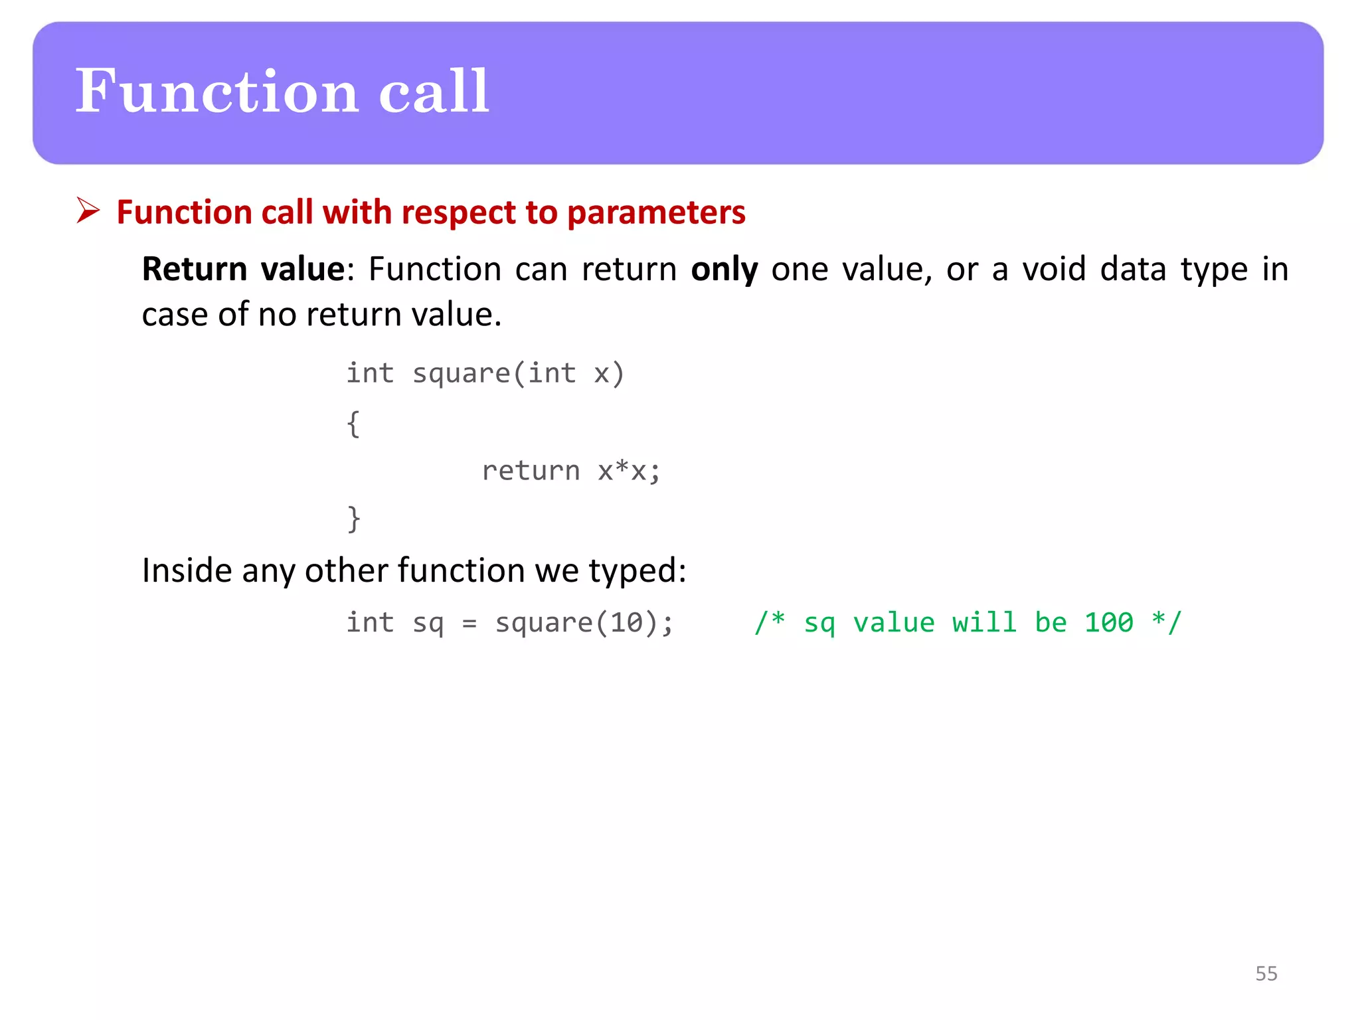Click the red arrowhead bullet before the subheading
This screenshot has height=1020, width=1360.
pyautogui.click(x=88, y=211)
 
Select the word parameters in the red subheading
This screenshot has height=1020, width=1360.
pyautogui.click(x=656, y=212)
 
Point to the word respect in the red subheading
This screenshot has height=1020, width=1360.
pyautogui.click(x=459, y=212)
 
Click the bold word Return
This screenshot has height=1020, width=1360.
pyautogui.click(x=195, y=269)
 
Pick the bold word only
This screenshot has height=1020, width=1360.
pyautogui.click(x=724, y=269)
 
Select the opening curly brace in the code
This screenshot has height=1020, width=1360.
pyautogui.click(x=353, y=424)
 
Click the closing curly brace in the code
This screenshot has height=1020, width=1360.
pyautogui.click(x=354, y=519)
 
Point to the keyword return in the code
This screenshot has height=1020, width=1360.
pyautogui.click(x=531, y=471)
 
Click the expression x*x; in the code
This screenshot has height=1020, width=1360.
pyautogui.click(x=628, y=471)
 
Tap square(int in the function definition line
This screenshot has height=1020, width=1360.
pyautogui.click(x=494, y=373)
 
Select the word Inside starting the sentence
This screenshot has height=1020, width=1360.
pyautogui.click(x=187, y=570)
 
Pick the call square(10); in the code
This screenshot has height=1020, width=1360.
pyautogui.click(x=584, y=623)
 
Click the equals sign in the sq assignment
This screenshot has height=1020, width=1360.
pyautogui.click(x=469, y=624)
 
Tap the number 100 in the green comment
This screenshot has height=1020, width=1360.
pyautogui.click(x=1108, y=623)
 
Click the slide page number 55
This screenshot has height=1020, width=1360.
pyautogui.click(x=1266, y=974)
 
